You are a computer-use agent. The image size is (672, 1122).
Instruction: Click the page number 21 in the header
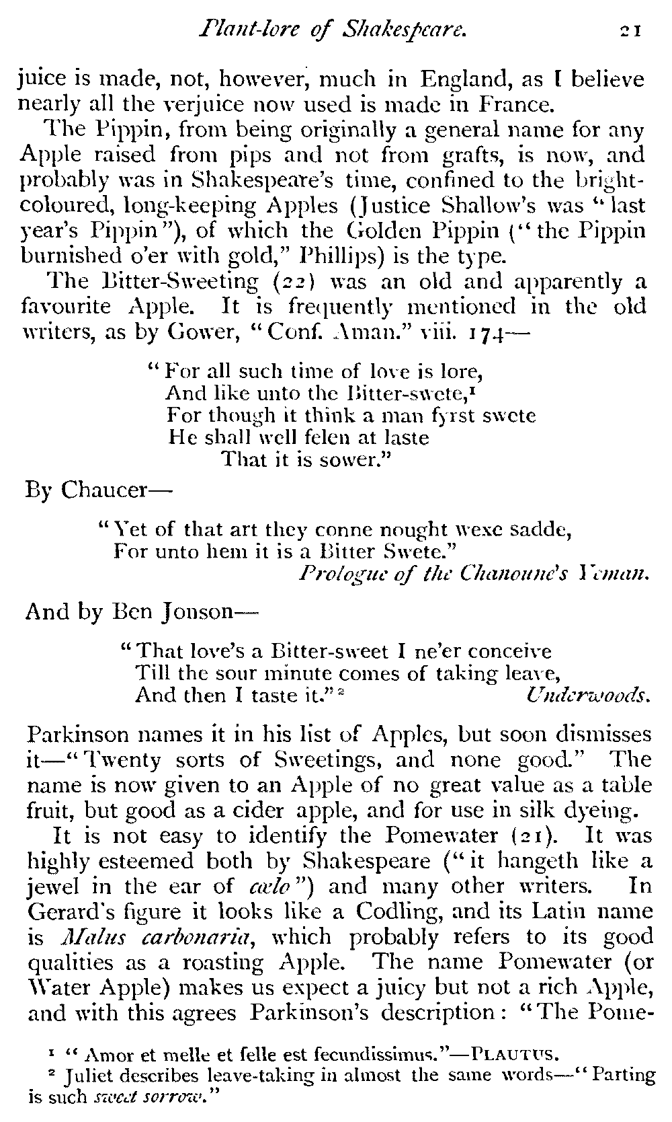click(632, 30)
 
